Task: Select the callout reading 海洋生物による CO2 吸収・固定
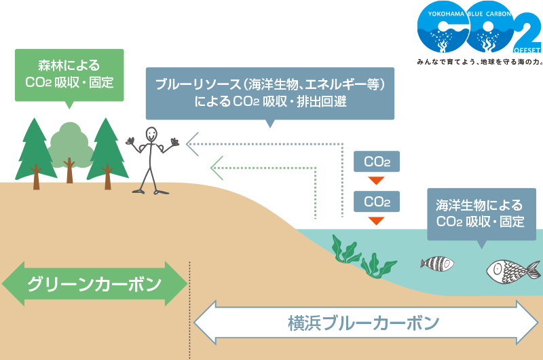(481, 213)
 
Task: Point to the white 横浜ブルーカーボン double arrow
(367, 323)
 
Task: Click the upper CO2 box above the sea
(377, 162)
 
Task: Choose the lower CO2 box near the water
(377, 202)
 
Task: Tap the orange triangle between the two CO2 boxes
(377, 181)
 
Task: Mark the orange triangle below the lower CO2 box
(377, 221)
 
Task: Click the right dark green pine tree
(107, 151)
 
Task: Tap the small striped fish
(436, 264)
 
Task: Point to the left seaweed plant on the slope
(345, 249)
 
